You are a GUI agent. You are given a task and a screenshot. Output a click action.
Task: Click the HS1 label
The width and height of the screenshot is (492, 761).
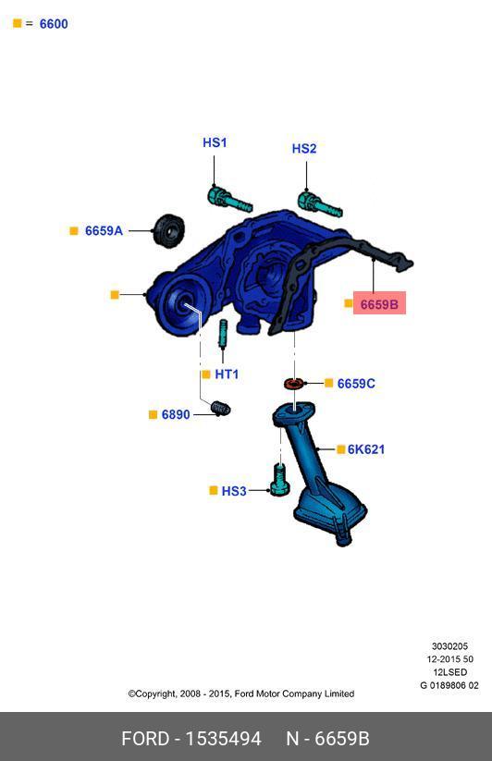(215, 142)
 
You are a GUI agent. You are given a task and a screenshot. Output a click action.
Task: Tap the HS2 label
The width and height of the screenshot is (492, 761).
(304, 149)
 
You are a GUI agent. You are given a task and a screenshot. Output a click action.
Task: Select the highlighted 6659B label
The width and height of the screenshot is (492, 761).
(379, 304)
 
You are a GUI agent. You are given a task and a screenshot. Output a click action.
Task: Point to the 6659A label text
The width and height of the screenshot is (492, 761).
(104, 230)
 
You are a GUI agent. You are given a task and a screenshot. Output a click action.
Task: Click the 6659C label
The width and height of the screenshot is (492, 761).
(356, 384)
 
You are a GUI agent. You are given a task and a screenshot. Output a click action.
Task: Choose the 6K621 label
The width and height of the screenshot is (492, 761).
(366, 449)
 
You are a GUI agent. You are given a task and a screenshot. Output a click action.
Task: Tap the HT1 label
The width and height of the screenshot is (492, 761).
(227, 374)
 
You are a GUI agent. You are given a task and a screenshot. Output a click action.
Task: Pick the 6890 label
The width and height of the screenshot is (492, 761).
(176, 414)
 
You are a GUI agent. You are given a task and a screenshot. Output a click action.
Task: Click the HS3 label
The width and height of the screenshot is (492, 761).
(234, 491)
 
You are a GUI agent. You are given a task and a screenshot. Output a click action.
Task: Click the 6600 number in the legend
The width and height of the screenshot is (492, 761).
(54, 24)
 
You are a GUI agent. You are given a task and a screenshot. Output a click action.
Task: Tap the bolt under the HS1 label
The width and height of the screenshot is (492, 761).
(229, 200)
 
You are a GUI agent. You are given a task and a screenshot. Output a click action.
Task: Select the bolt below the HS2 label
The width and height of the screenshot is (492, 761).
(319, 204)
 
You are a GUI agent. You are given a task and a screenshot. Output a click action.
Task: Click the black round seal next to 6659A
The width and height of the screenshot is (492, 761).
(169, 230)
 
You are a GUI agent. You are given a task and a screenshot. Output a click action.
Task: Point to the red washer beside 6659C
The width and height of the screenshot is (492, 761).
(293, 384)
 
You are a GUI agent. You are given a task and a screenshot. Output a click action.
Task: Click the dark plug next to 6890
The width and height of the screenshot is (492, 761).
(221, 408)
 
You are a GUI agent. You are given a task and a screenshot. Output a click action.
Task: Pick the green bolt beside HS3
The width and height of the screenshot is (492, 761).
(279, 480)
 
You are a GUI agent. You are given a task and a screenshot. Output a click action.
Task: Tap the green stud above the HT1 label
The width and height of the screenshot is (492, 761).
(223, 334)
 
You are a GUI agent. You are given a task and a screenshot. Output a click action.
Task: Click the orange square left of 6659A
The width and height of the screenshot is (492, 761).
(74, 231)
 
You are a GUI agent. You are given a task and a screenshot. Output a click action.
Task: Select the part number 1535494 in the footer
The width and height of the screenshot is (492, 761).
(224, 739)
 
